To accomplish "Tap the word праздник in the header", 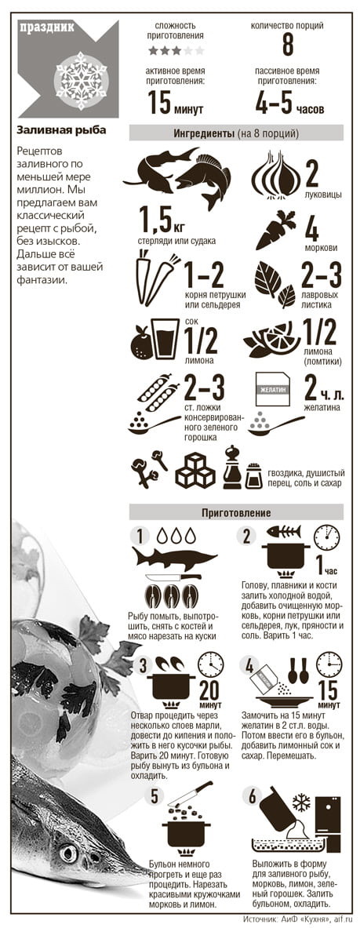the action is point(47,27).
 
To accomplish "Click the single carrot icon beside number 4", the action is point(276,230).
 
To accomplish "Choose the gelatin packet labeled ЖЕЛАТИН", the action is point(272,389).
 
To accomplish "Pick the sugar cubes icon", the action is point(195,470).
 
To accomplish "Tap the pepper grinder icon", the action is point(232,468).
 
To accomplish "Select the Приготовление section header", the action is point(236,512).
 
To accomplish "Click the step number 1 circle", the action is point(140,537).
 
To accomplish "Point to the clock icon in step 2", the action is point(326,538).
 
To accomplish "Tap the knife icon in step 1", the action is point(173,577).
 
